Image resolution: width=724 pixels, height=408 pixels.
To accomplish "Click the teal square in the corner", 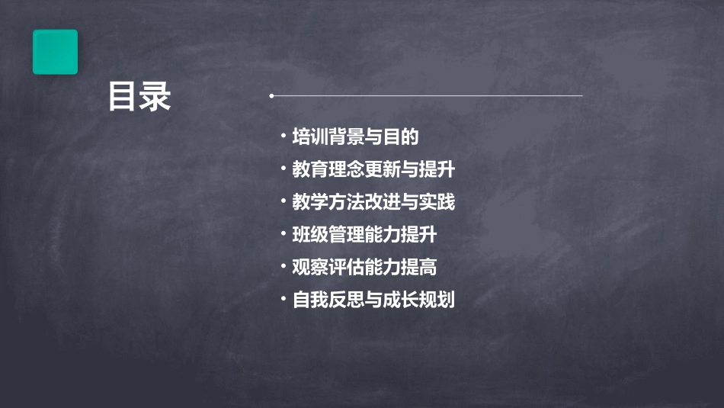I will (55, 52).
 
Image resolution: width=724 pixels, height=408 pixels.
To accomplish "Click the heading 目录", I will (139, 97).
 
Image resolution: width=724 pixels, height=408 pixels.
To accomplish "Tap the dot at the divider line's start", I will (271, 96).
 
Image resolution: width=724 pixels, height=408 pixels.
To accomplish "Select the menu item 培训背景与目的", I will (355, 137).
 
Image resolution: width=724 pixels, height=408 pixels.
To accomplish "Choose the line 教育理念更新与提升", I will (373, 169).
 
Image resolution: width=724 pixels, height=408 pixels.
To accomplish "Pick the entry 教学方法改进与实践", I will (373, 202).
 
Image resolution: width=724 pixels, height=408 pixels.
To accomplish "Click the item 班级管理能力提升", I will (364, 234).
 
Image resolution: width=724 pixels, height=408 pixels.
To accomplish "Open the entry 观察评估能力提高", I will (364, 267).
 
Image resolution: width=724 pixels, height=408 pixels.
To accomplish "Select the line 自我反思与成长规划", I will (373, 300).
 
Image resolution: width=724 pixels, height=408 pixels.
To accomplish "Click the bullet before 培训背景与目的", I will (283, 137).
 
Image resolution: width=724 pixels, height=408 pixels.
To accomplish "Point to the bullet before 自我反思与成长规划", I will (283, 300).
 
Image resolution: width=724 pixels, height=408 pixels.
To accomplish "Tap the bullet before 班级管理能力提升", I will (283, 234).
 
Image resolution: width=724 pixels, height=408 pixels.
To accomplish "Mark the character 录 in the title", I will (155, 97).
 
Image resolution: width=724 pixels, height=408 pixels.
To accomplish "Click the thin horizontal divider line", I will (427, 96).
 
